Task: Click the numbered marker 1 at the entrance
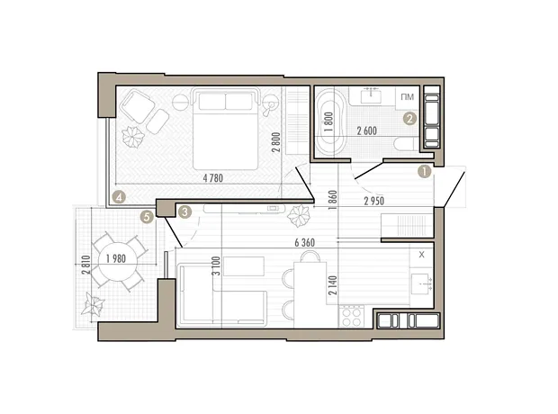[x=424, y=171]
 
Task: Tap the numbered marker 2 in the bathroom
[x=409, y=119]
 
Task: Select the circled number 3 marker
[x=184, y=212]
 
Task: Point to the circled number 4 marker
[x=119, y=197]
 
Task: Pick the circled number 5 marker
[x=147, y=216]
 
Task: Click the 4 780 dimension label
[x=212, y=178]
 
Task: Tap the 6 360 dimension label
[x=305, y=243]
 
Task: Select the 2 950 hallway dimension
[x=374, y=201]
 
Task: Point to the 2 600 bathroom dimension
[x=367, y=131]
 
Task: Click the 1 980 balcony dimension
[x=116, y=259]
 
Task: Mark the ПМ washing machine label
[x=408, y=97]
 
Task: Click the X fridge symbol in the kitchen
[x=422, y=255]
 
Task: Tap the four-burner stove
[x=351, y=317]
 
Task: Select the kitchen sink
[x=421, y=283]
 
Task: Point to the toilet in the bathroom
[x=406, y=145]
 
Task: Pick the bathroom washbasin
[x=372, y=95]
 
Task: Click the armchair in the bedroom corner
[x=138, y=106]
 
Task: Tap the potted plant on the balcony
[x=93, y=305]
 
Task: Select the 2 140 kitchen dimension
[x=333, y=285]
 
